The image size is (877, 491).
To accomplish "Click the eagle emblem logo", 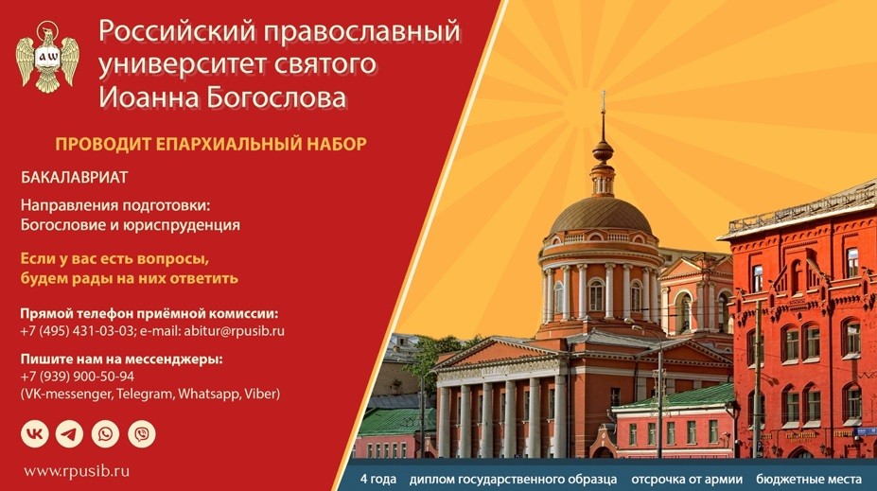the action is point(47,57).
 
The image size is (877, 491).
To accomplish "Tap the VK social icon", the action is point(35,434).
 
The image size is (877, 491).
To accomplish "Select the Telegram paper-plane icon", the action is point(69,434).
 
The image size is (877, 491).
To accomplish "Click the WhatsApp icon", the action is point(105,434).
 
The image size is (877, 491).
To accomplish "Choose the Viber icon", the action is point(142,434).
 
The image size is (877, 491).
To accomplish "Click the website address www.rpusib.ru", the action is point(77,471).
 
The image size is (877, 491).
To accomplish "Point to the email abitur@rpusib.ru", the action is point(234,330).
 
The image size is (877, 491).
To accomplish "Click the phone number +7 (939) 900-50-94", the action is point(78,377).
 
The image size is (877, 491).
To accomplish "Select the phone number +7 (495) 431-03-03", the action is point(78,330).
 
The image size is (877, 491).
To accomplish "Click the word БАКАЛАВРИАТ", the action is point(75,177).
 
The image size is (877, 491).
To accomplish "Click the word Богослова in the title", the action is point(276,97).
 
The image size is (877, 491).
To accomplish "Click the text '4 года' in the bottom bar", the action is point(378,480).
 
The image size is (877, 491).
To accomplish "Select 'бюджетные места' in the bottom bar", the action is point(809,480).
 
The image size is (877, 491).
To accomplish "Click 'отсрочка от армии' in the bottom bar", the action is point(687,480).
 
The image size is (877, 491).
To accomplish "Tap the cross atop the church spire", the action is point(603,99).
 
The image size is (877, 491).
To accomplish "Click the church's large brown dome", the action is point(601,216).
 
